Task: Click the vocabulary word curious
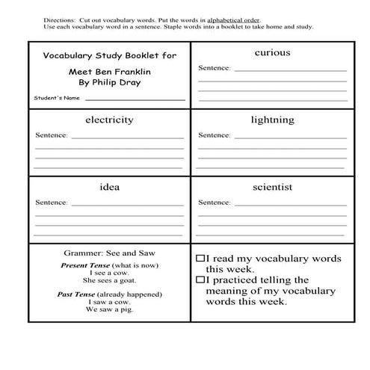pos(272,53)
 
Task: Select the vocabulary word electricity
pos(109,120)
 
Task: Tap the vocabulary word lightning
pos(272,120)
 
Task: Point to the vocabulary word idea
pos(109,187)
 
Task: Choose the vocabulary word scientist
pos(272,187)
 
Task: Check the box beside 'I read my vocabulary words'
pos(200,258)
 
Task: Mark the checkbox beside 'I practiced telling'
pos(200,280)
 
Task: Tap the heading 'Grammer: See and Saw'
pos(109,253)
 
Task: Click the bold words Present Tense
pos(84,266)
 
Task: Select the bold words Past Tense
pos(79,294)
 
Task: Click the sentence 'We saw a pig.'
pos(109,309)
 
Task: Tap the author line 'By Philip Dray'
pos(109,82)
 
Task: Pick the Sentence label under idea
pos(52,203)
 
